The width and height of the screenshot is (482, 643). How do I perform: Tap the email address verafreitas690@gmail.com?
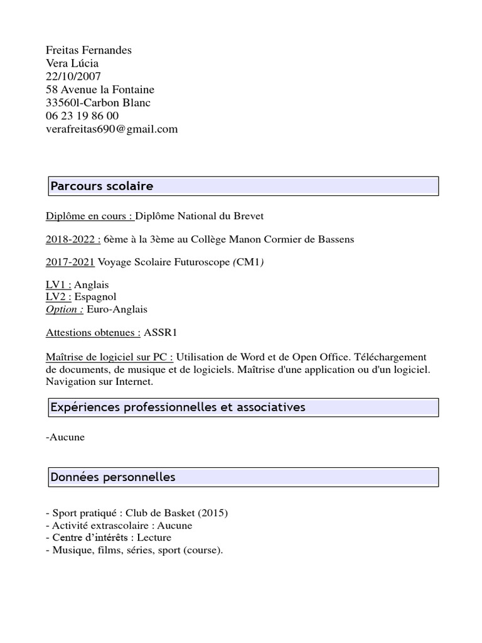coord(112,129)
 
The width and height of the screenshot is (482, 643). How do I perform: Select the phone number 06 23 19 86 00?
coord(82,116)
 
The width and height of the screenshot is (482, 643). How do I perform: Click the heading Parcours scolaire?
coord(102,186)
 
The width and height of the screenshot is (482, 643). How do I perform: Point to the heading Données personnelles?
coord(113,477)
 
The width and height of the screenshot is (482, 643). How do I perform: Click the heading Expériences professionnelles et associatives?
coord(178,408)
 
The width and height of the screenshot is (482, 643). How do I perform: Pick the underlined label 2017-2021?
coord(70,262)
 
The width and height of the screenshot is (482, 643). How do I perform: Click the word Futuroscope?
coord(199,262)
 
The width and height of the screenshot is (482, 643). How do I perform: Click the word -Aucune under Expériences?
coord(65,437)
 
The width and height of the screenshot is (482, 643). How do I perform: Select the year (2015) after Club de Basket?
coord(212,513)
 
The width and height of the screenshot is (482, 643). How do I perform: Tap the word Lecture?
coord(154,538)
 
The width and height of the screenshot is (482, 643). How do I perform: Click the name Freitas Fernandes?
coord(88,50)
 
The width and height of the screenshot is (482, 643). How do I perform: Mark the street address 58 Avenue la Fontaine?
coord(100,90)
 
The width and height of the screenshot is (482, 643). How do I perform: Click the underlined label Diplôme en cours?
coord(88,216)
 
